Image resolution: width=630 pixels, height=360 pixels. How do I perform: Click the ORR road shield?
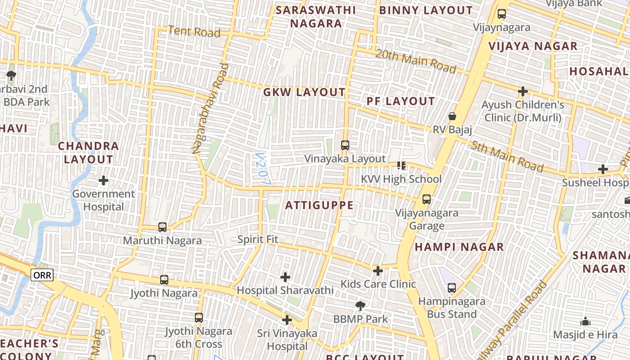[x=42, y=275]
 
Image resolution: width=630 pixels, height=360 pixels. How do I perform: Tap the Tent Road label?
[x=194, y=32]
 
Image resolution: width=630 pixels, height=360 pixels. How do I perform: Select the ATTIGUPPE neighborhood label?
[x=319, y=205]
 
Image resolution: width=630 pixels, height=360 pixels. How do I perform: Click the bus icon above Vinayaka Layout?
[x=345, y=145]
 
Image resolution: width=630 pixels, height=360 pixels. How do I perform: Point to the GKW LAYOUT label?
[x=304, y=93]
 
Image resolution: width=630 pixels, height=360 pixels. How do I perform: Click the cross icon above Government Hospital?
[x=103, y=180]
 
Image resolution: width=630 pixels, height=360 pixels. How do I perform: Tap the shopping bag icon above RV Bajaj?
[x=452, y=116]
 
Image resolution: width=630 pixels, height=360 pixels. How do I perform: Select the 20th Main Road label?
[x=416, y=61]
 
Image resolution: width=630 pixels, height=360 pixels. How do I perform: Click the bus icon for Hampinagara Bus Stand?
[x=452, y=288]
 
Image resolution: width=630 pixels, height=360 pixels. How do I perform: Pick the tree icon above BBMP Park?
[x=360, y=306]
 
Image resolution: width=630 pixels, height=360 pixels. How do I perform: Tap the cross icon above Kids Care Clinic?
[x=378, y=270]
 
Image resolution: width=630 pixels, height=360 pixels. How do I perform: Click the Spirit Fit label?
[x=258, y=239]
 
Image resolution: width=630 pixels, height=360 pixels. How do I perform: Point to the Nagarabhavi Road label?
[x=210, y=109]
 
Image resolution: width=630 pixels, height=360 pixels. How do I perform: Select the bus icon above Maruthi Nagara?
[x=162, y=227]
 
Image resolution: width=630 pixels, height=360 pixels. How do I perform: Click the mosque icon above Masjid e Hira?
[x=585, y=321]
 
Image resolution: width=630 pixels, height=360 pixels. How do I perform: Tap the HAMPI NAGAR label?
[x=459, y=247]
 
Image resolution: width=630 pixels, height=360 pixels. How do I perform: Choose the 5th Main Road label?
[x=507, y=156]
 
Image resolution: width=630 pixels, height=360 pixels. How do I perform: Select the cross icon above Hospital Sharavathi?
[x=285, y=277]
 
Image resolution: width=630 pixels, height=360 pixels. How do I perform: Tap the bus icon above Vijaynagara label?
[x=502, y=14]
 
